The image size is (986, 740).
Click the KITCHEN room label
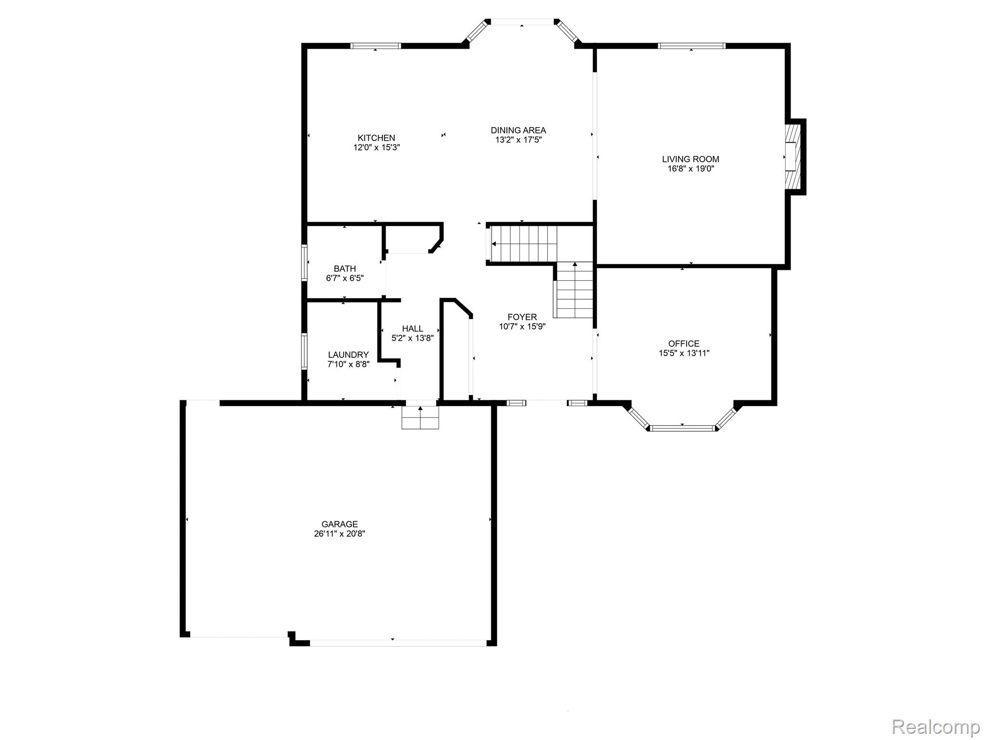[376, 138]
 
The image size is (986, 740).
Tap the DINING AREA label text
[518, 130]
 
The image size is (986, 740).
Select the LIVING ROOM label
[690, 159]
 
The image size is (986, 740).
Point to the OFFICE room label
[684, 344]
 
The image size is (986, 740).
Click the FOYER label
[522, 317]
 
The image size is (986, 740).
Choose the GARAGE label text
[339, 524]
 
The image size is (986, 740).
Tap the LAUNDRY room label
[348, 355]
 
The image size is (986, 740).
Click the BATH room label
[345, 269]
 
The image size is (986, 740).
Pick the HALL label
[413, 329]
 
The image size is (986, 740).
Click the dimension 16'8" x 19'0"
[690, 169]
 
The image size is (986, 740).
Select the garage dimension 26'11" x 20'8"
[339, 534]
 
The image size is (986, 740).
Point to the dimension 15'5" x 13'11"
[684, 353]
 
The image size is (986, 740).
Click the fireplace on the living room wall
[792, 157]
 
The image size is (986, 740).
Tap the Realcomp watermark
[935, 726]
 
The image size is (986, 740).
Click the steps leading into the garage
[420, 417]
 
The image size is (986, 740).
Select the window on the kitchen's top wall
[376, 46]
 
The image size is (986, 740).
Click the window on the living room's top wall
[691, 46]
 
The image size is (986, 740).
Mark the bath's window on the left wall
[304, 263]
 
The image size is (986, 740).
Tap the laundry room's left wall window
[304, 351]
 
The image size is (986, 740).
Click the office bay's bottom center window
[682, 427]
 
